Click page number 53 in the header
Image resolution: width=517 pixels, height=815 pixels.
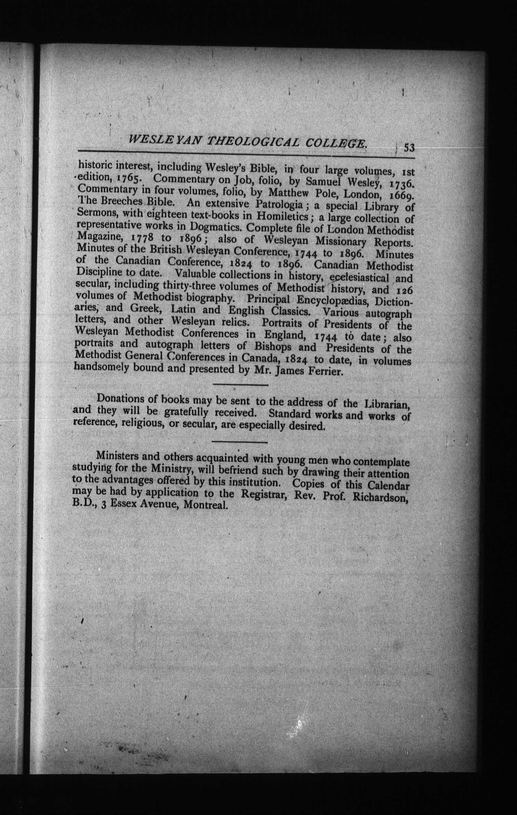[x=409, y=148]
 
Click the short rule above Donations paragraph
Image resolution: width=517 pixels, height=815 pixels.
[x=240, y=385]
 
